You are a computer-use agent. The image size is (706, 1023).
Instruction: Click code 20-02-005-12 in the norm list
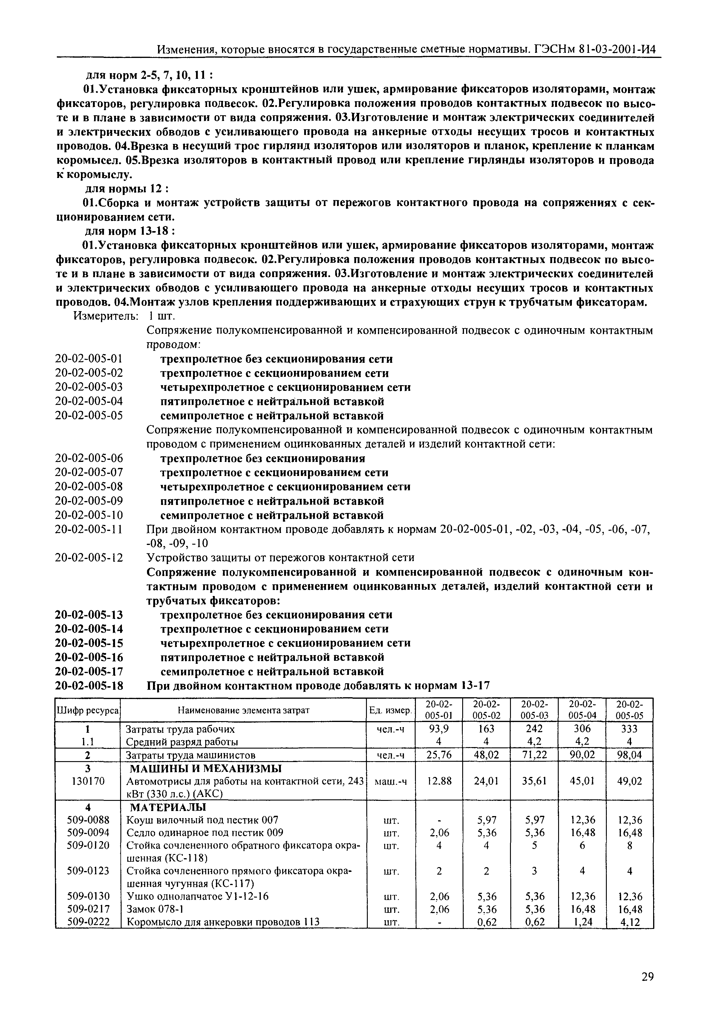(89, 557)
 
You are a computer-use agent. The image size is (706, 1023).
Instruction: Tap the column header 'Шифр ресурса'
(88, 710)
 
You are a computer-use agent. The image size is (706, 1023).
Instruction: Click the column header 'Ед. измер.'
(390, 710)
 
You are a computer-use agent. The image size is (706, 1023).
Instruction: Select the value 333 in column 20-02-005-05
(629, 729)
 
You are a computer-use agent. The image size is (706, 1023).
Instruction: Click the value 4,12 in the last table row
(629, 922)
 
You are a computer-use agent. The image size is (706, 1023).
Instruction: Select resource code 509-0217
(88, 909)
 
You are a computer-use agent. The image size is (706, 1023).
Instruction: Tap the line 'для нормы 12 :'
(126, 189)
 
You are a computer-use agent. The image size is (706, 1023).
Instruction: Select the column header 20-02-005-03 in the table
(534, 710)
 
